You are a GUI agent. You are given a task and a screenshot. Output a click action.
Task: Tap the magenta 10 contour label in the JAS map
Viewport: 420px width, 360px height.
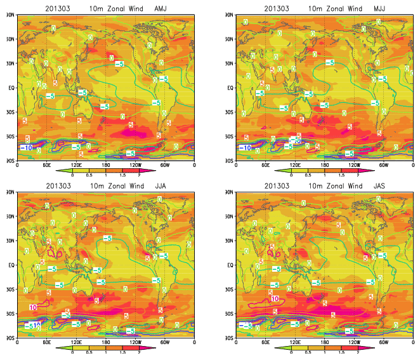pyautogui.click(x=275, y=298)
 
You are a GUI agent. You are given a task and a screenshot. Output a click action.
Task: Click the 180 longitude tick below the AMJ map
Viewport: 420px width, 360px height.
pyautogui.click(x=106, y=166)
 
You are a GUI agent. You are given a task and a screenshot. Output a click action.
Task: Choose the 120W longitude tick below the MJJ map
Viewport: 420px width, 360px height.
pyautogui.click(x=354, y=166)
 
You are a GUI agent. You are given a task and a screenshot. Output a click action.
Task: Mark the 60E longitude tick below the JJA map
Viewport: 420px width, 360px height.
pyautogui.click(x=47, y=343)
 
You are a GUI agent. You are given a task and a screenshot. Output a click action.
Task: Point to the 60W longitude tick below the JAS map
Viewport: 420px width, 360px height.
pyautogui.click(x=383, y=343)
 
